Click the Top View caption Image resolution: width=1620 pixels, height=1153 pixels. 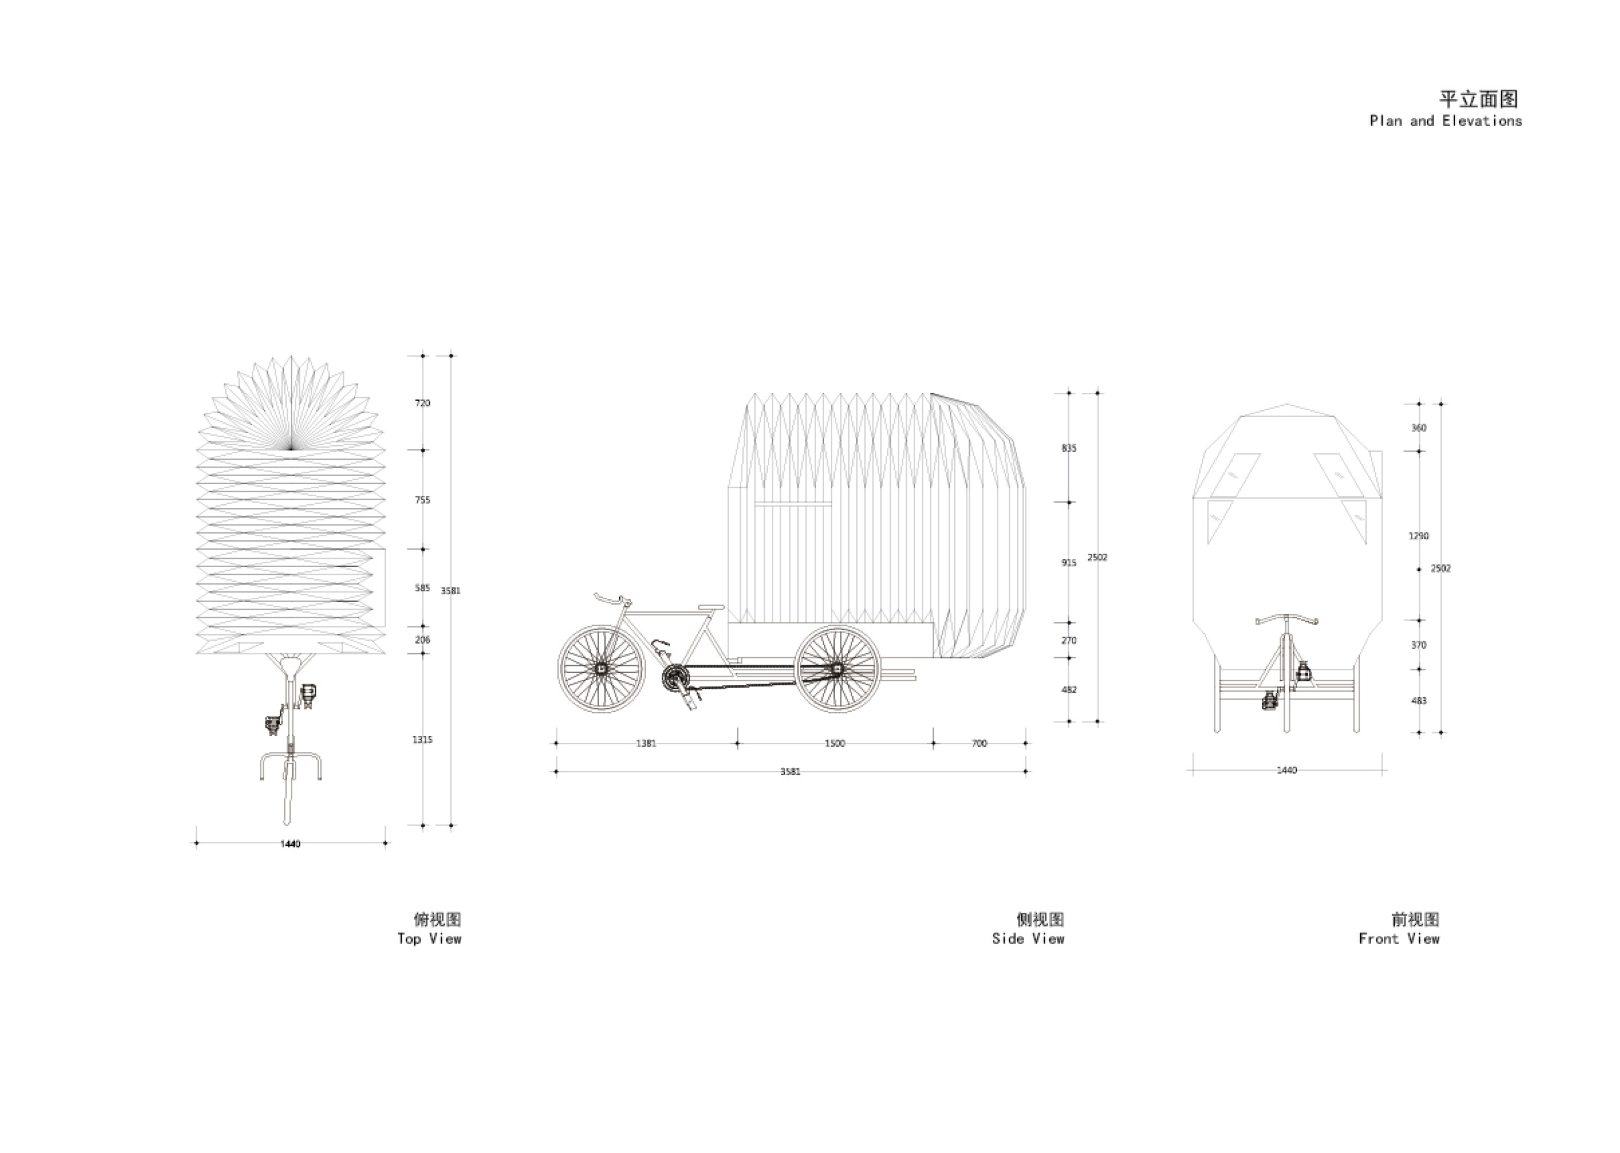(429, 939)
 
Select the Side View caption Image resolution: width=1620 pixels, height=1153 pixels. (1028, 939)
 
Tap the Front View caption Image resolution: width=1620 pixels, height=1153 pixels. (1398, 939)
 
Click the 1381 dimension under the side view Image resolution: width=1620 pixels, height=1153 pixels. (646, 743)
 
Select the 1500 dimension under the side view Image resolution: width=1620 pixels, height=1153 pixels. (835, 743)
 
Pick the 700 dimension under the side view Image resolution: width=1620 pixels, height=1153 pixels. (979, 743)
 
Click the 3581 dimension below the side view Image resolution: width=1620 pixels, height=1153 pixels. (790, 771)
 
